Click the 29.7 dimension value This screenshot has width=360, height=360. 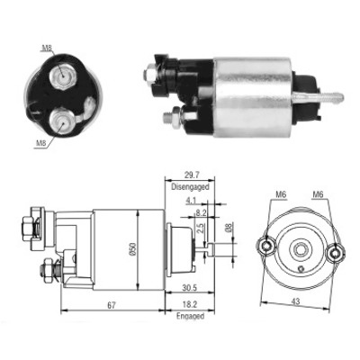coord(190,175)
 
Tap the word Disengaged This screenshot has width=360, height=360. coord(190,187)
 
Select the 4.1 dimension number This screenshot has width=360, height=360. coord(191,200)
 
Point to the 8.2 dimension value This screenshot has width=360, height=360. coord(201,212)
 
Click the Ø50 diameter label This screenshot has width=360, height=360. coord(133,249)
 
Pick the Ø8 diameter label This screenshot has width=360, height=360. coord(229,228)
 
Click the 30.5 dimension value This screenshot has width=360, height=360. coord(190,288)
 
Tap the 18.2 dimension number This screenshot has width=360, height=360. coord(190,304)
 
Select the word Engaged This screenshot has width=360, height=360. coord(190,316)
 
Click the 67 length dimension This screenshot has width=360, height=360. coord(112,305)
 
